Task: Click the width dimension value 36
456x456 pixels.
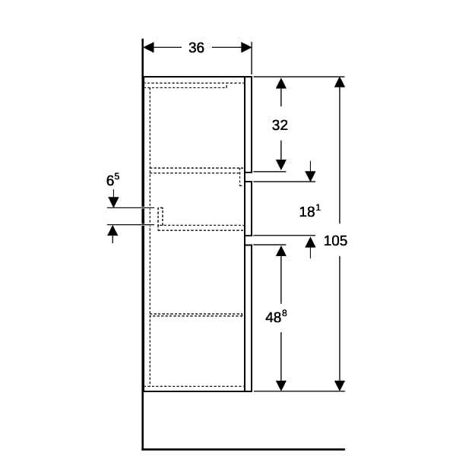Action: tap(196, 48)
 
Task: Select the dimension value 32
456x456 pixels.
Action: tap(280, 125)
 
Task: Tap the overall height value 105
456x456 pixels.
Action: tap(335, 241)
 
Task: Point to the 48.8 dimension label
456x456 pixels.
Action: tap(276, 317)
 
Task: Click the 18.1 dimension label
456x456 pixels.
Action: tap(310, 211)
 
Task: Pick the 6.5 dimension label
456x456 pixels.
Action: tap(112, 179)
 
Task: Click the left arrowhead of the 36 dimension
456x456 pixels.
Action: tap(149, 47)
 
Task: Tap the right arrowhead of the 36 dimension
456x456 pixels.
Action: tap(246, 47)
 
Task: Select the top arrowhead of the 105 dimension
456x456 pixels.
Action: tap(340, 82)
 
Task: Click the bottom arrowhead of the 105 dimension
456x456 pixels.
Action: tap(340, 386)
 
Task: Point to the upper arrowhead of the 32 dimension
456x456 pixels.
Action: tap(281, 84)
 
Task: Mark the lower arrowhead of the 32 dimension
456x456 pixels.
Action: tap(281, 165)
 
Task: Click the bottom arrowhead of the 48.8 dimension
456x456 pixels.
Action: tap(281, 386)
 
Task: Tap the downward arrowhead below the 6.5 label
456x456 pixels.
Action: tap(113, 202)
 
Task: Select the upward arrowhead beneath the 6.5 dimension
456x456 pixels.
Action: tap(112, 230)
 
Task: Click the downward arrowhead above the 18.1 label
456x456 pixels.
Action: tap(310, 176)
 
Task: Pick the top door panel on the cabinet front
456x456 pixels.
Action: tap(249, 124)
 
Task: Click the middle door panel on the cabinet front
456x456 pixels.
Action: tap(249, 208)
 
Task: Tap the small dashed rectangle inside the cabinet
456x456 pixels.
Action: tap(160, 217)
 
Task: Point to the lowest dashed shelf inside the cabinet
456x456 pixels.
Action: tap(196, 315)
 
